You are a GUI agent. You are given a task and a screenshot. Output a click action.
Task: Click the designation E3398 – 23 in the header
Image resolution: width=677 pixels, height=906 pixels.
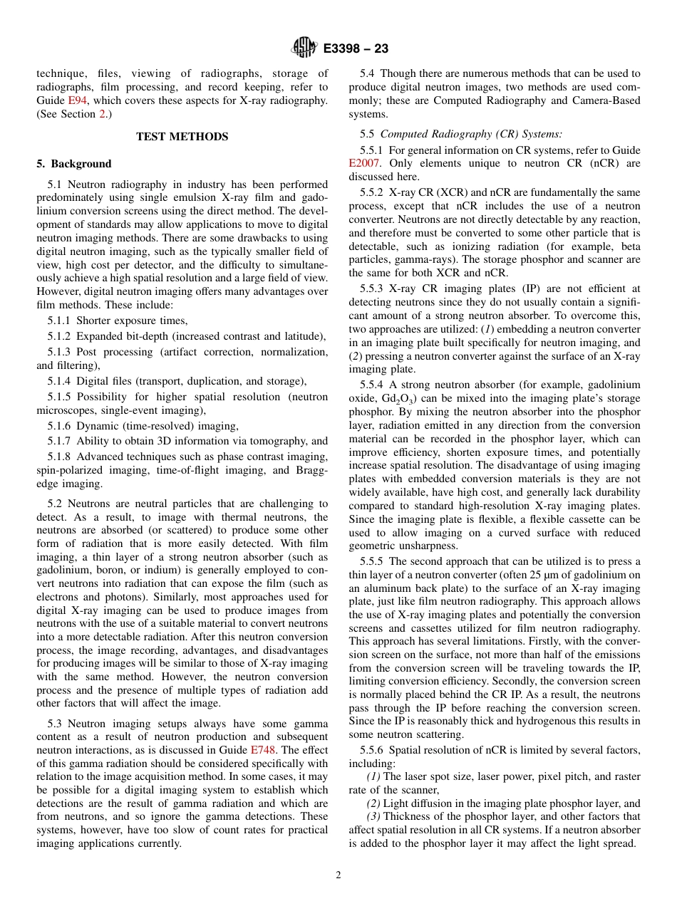(x=356, y=49)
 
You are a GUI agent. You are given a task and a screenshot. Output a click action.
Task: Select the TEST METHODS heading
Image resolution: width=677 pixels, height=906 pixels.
(x=182, y=137)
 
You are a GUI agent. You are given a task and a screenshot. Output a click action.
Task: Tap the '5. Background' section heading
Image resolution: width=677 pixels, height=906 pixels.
(x=74, y=164)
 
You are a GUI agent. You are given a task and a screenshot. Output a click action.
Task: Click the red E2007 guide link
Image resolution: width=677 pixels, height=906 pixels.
(x=363, y=163)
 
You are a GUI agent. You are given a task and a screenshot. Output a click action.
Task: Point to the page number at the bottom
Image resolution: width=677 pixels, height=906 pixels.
(x=338, y=875)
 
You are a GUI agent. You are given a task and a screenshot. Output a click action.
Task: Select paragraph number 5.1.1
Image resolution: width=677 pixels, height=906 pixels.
(x=59, y=321)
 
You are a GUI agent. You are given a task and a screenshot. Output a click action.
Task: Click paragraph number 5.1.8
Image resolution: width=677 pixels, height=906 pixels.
(x=59, y=457)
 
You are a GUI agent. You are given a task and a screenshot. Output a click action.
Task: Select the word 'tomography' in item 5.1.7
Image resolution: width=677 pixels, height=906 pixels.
(x=274, y=441)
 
